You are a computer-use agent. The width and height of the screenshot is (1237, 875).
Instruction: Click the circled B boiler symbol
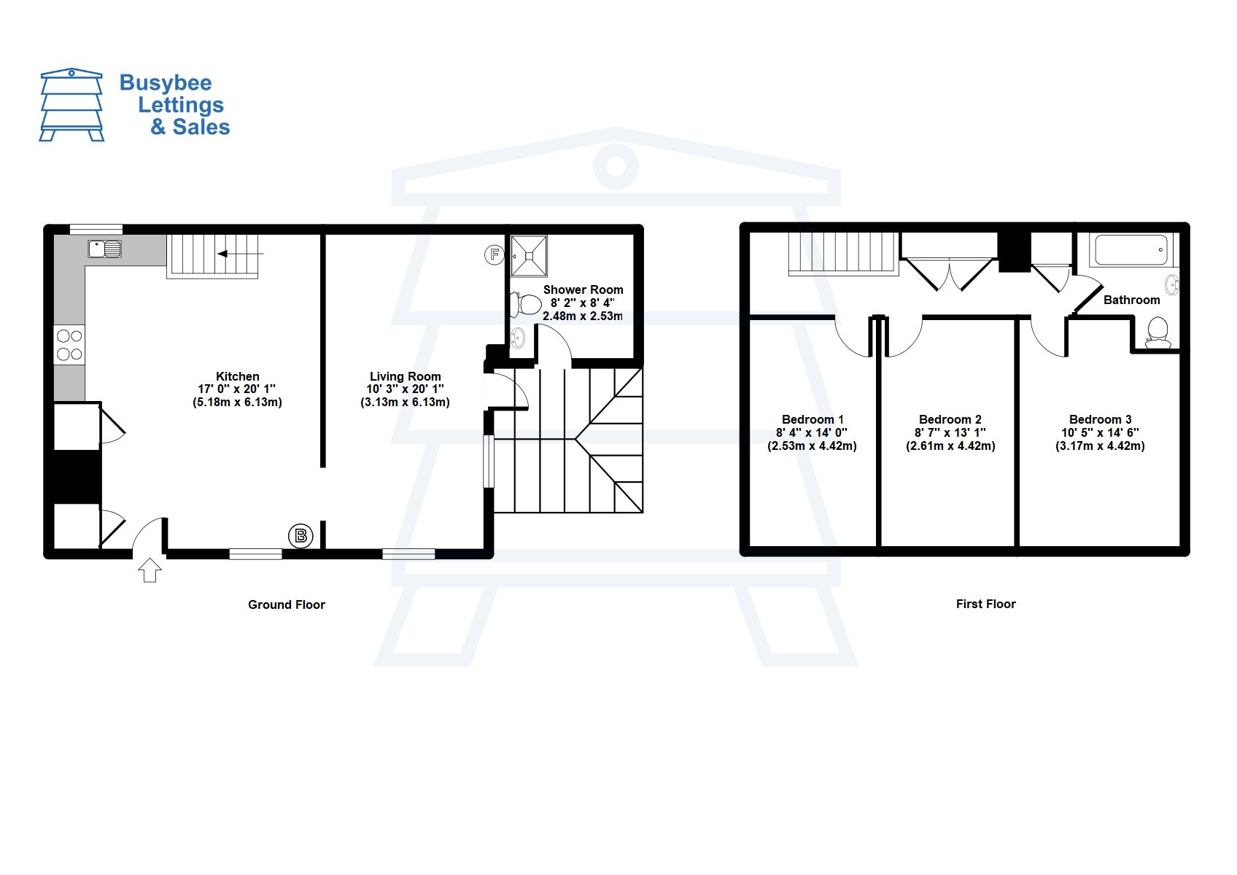[300, 536]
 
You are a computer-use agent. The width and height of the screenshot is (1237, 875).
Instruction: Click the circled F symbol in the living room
[495, 254]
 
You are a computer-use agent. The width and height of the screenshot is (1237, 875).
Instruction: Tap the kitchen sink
[105, 249]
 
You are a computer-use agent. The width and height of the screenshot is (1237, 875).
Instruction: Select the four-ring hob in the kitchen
[69, 345]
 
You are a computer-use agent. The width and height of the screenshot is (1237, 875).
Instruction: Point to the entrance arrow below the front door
[150, 569]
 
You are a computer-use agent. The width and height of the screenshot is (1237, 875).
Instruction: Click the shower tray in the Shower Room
[529, 256]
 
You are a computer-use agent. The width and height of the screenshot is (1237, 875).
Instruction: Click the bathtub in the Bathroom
[1131, 250]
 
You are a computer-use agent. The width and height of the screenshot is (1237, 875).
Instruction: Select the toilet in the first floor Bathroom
[1157, 333]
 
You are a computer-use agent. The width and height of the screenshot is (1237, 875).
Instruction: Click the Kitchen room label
[237, 376]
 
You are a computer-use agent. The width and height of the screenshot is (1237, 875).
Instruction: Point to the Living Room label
[405, 376]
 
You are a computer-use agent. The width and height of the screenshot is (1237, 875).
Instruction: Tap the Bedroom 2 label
[950, 419]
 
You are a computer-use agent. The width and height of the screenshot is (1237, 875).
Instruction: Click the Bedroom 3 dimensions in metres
[1100, 446]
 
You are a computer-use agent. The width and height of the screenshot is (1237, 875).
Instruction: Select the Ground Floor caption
[286, 604]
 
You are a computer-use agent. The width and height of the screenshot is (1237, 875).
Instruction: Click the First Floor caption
[985, 604]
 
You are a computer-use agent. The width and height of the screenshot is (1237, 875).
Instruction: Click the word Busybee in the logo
[166, 82]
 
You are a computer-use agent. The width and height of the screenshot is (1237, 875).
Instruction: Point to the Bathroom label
[1131, 300]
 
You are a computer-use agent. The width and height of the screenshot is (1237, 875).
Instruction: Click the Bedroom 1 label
[813, 419]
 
